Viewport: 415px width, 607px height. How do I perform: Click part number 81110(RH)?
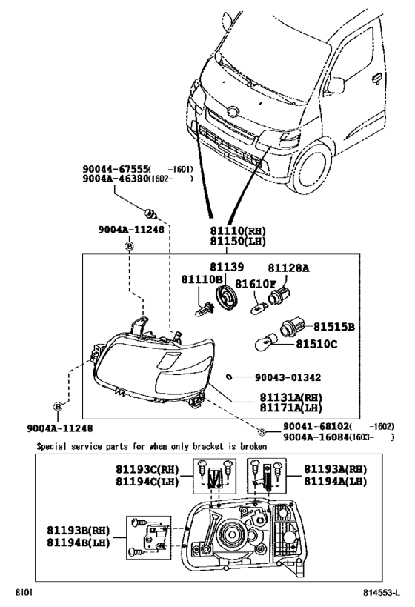pos(236,230)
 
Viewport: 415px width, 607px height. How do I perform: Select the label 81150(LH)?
pos(236,241)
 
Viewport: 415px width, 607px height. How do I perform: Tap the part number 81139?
pos(225,267)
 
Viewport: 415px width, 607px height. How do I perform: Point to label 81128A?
pos(288,268)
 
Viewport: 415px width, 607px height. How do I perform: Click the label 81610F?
pos(256,283)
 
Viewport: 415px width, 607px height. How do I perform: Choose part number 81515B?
pos(333,326)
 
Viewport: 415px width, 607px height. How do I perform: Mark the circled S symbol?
pos(261,431)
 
